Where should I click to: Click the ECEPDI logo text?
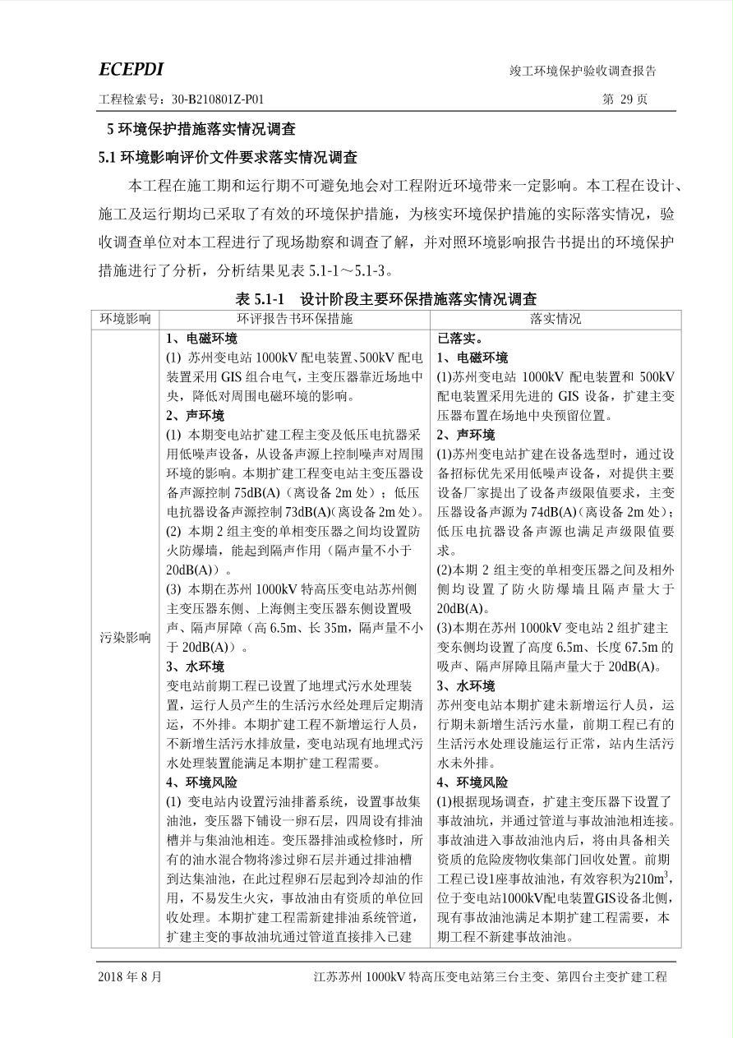pos(131,70)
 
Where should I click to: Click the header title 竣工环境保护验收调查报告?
pos(583,72)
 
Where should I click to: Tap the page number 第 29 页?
pos(625,99)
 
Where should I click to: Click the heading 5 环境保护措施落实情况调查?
pos(201,130)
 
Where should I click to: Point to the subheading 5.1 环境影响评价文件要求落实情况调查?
pos(228,158)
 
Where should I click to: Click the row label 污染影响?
pos(125,637)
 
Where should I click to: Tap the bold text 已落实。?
pos(461,338)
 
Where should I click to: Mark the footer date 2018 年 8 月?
pos(130,977)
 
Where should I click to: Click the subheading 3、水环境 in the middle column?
pos(195,667)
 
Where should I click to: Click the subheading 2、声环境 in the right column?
pos(466,435)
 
